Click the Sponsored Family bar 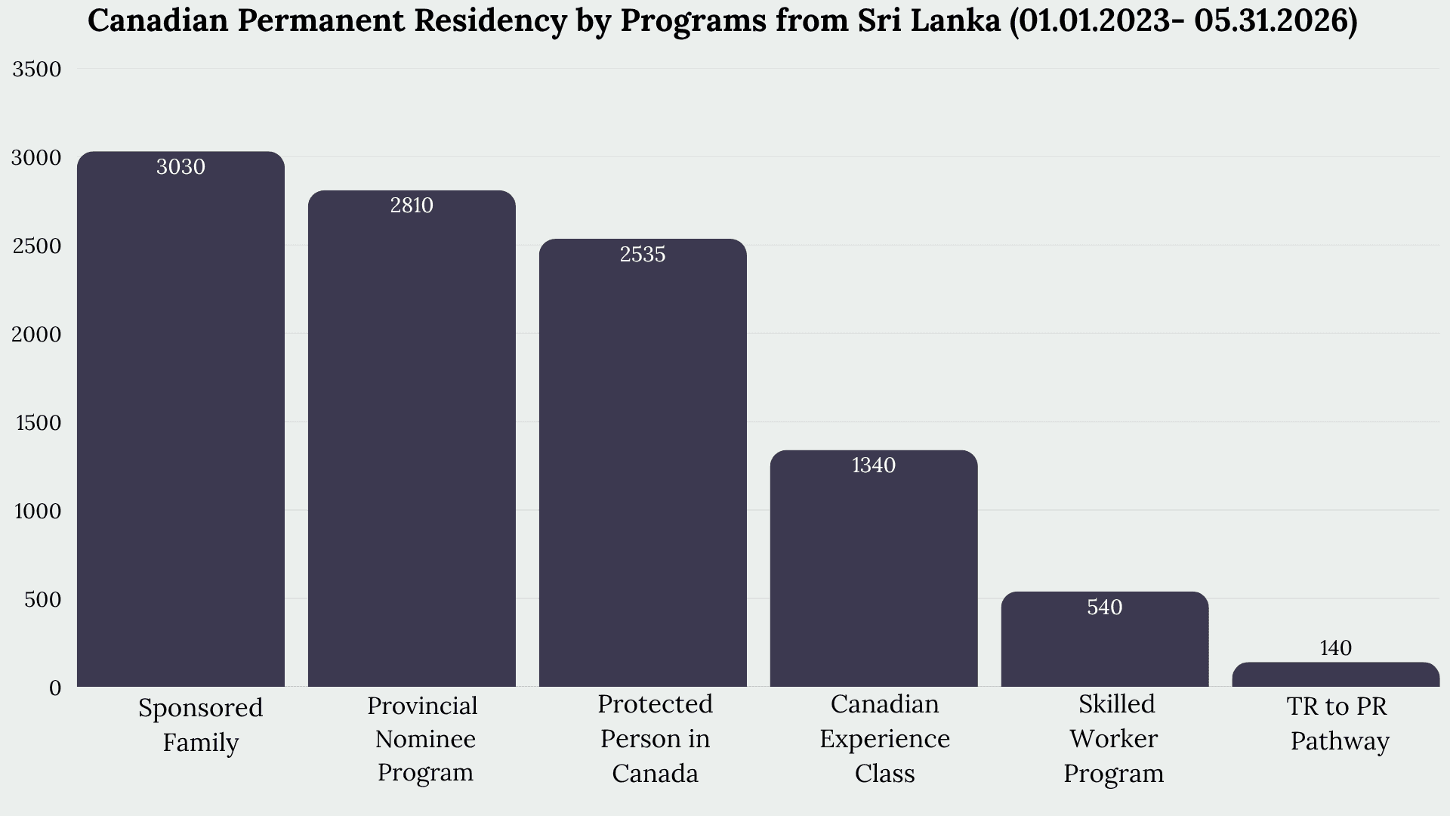click(181, 419)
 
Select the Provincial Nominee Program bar click(412, 439)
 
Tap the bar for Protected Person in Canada click(643, 463)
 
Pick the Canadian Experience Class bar click(874, 569)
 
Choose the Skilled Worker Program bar click(1105, 639)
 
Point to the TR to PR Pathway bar click(1336, 675)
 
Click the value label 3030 click(180, 166)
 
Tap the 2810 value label click(412, 206)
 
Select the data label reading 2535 click(643, 254)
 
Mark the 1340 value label click(874, 465)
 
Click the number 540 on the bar click(1105, 607)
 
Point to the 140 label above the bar click(1336, 648)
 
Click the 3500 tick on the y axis click(37, 70)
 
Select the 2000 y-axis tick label click(37, 334)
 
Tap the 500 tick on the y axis click(43, 599)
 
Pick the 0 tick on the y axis click(55, 688)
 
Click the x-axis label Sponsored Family click(201, 725)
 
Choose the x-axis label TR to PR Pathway click(1339, 723)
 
